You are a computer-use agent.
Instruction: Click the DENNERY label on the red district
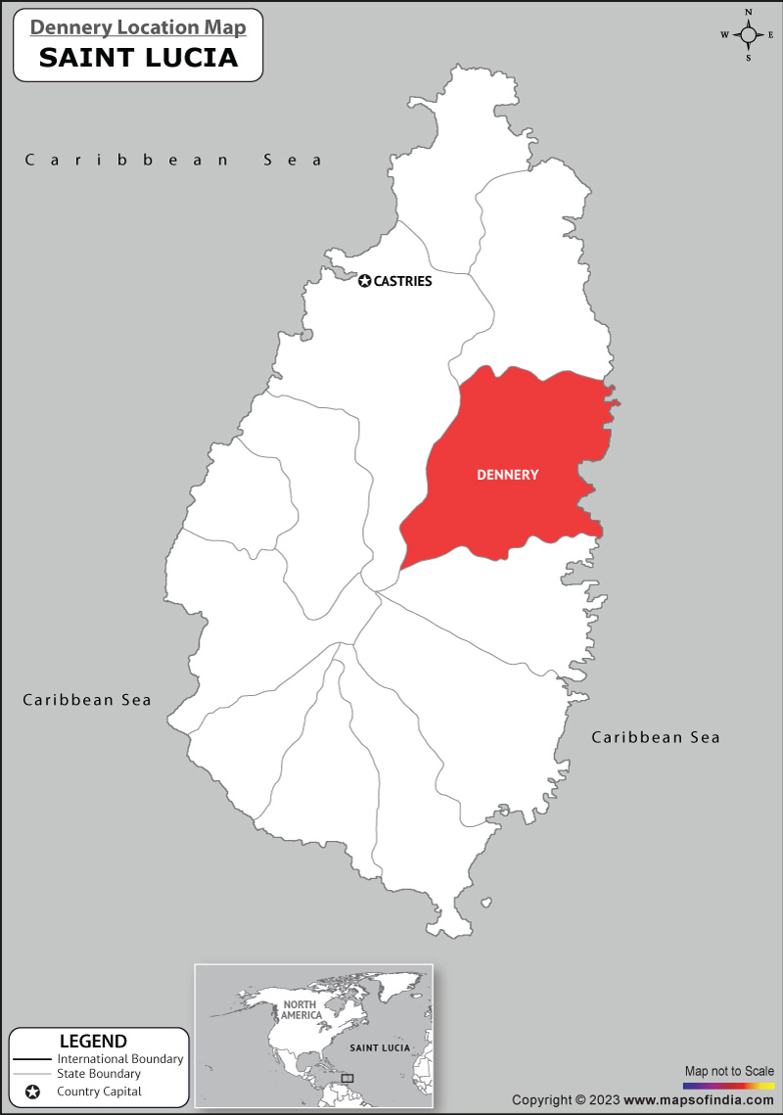click(x=507, y=475)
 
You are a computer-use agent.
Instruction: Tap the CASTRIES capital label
click(x=402, y=281)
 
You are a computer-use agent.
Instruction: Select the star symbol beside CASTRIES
click(x=365, y=281)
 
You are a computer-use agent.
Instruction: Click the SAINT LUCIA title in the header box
click(x=138, y=57)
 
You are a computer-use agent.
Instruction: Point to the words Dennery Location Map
click(x=138, y=26)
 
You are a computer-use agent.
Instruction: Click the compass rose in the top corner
click(x=749, y=35)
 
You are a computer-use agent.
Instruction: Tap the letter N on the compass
click(x=749, y=13)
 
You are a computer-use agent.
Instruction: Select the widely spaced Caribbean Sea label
click(x=173, y=160)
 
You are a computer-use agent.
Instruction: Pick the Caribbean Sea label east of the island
click(x=655, y=737)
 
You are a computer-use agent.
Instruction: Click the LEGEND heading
click(x=93, y=1041)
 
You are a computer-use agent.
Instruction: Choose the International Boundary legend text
click(x=120, y=1059)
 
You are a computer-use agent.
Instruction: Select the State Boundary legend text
click(x=99, y=1074)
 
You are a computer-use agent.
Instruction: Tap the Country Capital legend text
click(x=99, y=1092)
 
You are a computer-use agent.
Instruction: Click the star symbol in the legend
click(x=32, y=1092)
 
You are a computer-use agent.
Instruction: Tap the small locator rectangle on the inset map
click(x=347, y=1078)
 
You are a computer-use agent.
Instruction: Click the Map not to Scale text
click(x=729, y=1071)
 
